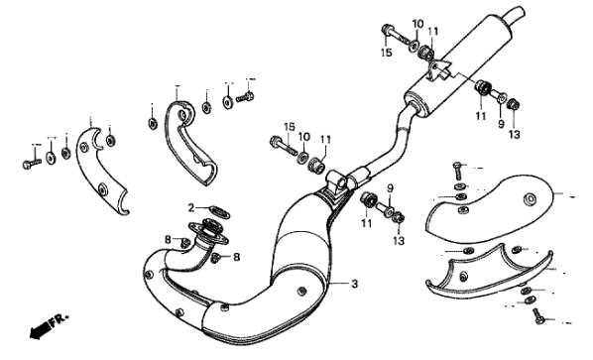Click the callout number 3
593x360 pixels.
[x=354, y=284]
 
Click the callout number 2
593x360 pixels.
[x=191, y=207]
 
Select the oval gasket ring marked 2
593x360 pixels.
[x=219, y=211]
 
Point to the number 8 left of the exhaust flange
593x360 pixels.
[x=168, y=239]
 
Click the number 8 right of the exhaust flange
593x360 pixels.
[x=236, y=257]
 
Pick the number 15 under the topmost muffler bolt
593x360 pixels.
[x=386, y=53]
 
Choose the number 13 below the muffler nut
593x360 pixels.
[x=514, y=134]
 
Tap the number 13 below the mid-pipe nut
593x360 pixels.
[x=399, y=241]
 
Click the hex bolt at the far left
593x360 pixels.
[x=32, y=164]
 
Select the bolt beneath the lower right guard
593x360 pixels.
[x=538, y=315]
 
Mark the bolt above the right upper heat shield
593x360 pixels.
[x=457, y=171]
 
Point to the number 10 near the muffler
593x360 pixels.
[x=417, y=24]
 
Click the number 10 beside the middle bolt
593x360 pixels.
[x=304, y=136]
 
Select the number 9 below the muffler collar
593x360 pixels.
[x=501, y=124]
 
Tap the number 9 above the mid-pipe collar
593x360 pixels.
[x=390, y=188]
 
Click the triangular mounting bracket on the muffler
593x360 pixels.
[x=438, y=70]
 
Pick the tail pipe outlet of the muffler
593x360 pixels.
[x=515, y=14]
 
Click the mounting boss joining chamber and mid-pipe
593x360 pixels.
[x=337, y=182]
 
